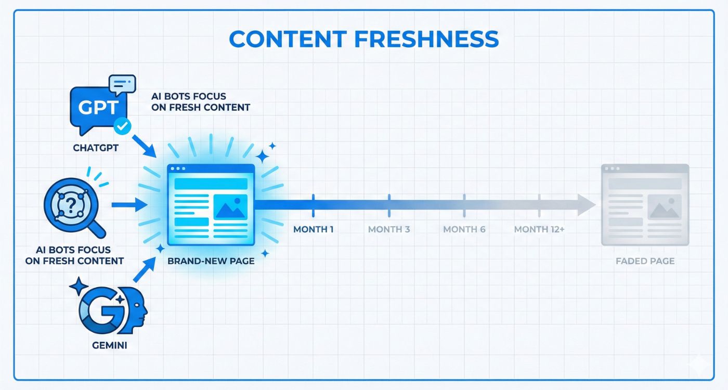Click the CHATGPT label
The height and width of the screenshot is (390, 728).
tap(96, 148)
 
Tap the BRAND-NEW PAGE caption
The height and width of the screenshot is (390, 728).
tap(211, 261)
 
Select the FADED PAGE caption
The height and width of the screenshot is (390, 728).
tap(645, 261)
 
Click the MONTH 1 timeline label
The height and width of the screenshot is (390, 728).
tap(313, 229)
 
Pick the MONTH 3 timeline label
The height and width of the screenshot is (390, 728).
tap(389, 229)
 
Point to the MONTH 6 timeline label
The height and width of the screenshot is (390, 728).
tap(464, 229)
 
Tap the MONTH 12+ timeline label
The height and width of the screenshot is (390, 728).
tap(539, 229)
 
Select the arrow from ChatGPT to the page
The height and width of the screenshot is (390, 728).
tap(145, 145)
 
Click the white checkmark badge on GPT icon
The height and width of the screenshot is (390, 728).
tap(122, 125)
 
